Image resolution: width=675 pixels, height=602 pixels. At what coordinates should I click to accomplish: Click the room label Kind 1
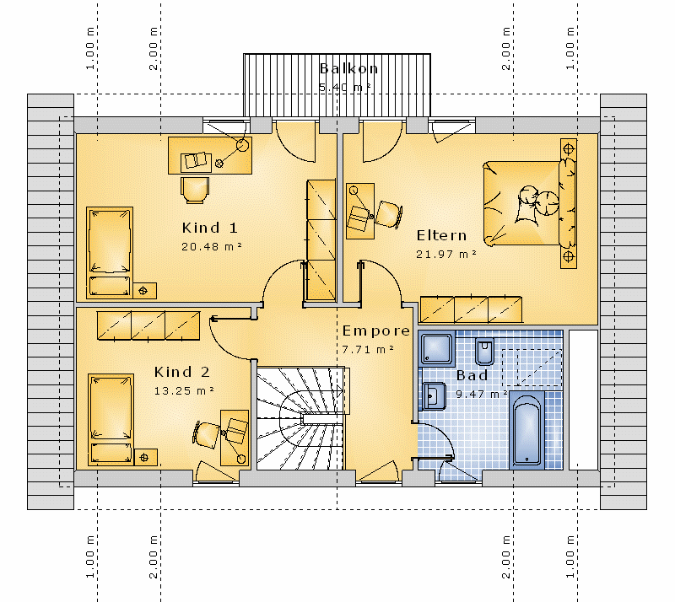(209, 228)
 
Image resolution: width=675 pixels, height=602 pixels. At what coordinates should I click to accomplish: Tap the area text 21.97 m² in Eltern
(446, 255)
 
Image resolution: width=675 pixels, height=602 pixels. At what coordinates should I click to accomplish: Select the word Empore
(375, 331)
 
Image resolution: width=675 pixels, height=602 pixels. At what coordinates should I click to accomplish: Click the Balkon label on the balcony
(348, 68)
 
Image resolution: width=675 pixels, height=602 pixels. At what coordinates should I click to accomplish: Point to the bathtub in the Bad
(526, 429)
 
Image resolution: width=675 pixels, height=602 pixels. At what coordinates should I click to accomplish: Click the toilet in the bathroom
(484, 351)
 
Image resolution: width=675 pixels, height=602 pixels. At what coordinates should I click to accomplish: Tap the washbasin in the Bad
(435, 396)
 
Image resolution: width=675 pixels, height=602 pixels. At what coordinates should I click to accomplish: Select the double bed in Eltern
(529, 203)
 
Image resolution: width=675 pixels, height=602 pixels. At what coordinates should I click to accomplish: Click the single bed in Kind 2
(111, 420)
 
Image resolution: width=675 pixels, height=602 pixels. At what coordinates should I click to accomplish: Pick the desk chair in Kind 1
(195, 190)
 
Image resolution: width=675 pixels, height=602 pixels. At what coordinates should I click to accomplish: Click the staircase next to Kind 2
(301, 418)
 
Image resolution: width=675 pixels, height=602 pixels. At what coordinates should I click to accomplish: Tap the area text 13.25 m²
(184, 391)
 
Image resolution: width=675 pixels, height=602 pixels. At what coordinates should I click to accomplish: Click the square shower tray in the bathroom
(436, 347)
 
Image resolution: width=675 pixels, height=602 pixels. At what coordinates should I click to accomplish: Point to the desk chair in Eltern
(389, 214)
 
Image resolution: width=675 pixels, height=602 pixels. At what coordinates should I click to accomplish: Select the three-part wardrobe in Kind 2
(148, 325)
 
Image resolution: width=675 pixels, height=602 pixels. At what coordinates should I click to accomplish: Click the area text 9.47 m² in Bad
(481, 394)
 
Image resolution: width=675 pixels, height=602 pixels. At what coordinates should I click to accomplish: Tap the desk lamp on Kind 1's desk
(243, 146)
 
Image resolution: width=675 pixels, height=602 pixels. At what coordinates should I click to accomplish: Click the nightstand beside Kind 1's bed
(144, 291)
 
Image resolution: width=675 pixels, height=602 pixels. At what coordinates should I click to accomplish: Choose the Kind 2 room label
(182, 372)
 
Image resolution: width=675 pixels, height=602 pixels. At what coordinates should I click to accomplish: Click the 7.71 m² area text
(368, 349)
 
